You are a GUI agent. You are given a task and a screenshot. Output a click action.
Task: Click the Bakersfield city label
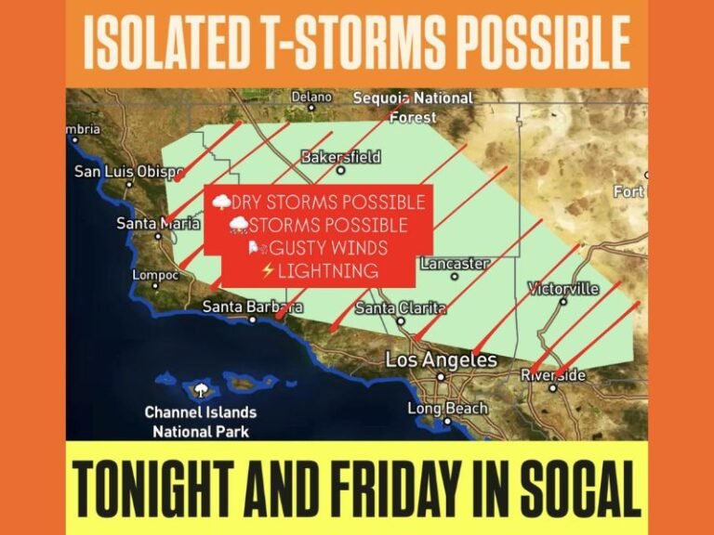(341, 157)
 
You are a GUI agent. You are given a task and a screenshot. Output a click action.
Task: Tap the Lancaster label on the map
(454, 264)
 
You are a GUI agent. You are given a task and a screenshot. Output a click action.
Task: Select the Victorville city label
(563, 288)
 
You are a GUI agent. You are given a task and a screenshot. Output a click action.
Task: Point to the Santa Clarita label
(398, 307)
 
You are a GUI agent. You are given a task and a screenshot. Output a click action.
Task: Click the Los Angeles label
(441, 359)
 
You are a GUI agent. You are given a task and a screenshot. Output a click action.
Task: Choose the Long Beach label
(447, 409)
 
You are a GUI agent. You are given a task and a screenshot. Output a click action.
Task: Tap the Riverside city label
(553, 375)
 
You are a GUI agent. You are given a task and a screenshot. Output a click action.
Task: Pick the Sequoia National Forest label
(413, 107)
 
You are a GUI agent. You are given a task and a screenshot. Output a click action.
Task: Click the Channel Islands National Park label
(200, 422)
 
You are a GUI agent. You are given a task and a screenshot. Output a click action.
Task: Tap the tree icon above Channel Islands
(200, 387)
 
